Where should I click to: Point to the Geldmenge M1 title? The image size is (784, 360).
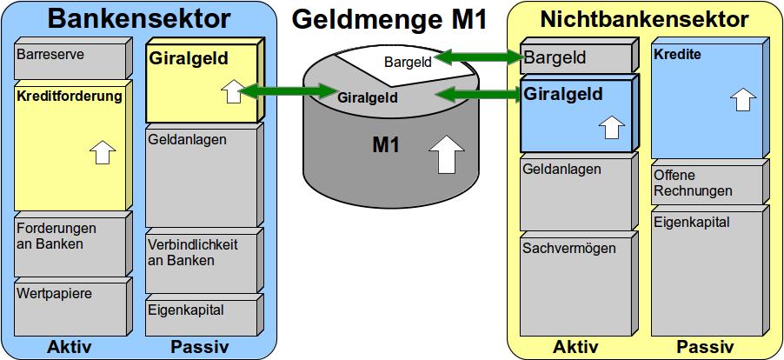click(x=389, y=20)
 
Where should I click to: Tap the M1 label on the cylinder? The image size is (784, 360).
click(x=386, y=146)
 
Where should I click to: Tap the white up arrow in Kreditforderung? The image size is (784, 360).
click(x=103, y=154)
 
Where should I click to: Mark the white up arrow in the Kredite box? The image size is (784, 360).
click(x=742, y=98)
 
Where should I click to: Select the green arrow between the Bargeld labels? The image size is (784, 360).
click(x=478, y=58)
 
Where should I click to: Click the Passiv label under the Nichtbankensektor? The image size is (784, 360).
click(x=705, y=347)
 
